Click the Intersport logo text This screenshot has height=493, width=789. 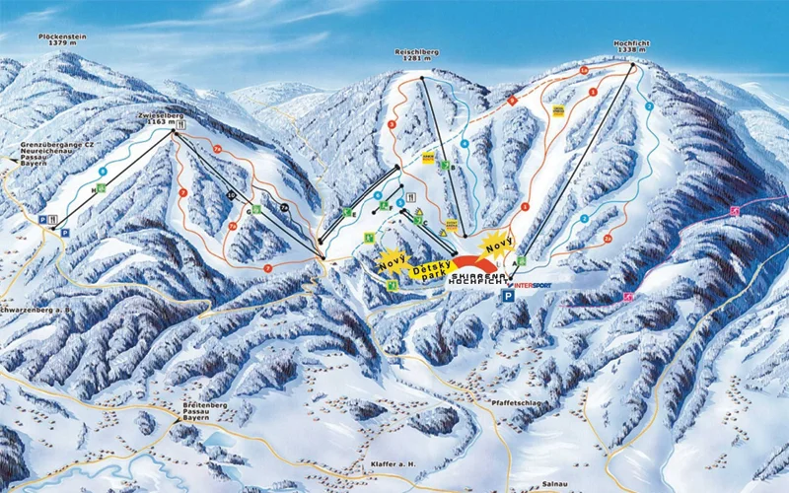533,285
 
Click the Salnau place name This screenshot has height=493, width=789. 555,485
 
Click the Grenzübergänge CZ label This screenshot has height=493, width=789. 49,146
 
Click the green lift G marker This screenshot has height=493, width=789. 256,209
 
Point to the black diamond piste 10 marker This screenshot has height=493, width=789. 230,194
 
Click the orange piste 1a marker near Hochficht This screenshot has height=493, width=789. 584,70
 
